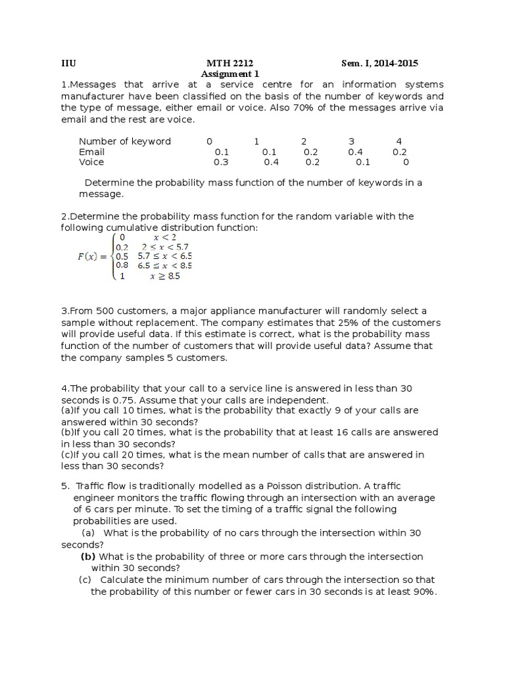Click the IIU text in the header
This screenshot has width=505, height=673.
[x=68, y=63]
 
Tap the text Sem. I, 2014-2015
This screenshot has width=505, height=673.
[x=379, y=63]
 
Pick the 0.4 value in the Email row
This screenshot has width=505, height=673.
[x=355, y=152]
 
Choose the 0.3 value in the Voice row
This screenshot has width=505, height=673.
[x=221, y=162]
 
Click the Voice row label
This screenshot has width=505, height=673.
[x=91, y=162]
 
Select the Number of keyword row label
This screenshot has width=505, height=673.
[x=124, y=141]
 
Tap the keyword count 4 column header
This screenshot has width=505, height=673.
[x=399, y=141]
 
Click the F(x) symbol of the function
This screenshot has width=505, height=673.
[x=91, y=256]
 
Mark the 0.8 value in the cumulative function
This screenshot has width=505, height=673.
[x=122, y=266]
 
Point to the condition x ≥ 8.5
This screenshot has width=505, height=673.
[x=164, y=277]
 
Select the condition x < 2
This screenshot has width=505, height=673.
[x=164, y=237]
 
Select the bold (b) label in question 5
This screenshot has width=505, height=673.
[x=89, y=557]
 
